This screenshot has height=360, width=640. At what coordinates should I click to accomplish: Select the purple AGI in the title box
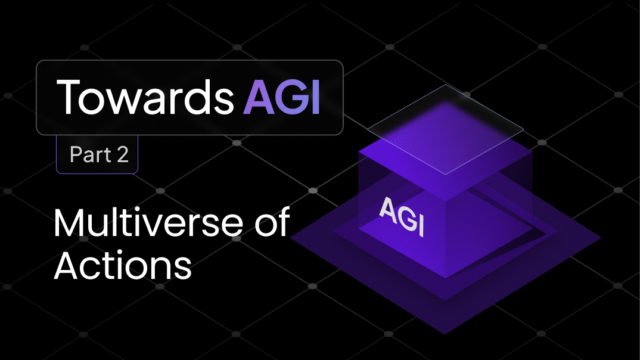281,98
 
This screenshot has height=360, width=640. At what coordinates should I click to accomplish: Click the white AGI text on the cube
402,216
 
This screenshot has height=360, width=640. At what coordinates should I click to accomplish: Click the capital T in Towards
71,98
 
